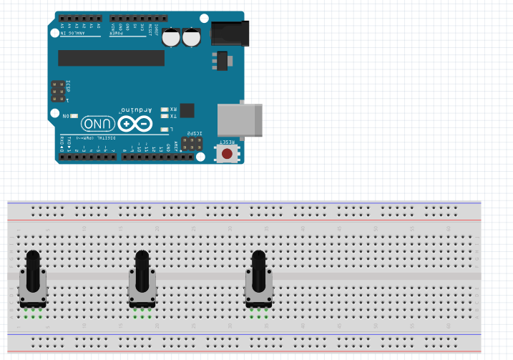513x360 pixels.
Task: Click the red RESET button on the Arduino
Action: (x=227, y=153)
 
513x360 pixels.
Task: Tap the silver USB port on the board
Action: (x=239, y=120)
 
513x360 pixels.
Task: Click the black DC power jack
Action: (x=230, y=32)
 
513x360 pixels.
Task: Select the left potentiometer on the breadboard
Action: (x=33, y=283)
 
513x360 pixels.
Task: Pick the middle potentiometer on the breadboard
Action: (x=142, y=283)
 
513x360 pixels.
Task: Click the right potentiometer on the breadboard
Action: (x=259, y=283)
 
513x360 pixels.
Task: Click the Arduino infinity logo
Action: (x=136, y=124)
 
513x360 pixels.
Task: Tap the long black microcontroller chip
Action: (x=111, y=58)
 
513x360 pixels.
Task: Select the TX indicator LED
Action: (x=165, y=116)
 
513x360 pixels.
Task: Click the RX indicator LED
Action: (x=165, y=109)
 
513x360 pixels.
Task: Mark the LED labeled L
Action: (x=165, y=129)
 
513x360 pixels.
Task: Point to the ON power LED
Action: (x=74, y=115)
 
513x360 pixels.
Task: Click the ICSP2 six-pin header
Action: (x=190, y=144)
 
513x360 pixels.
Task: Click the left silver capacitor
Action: (x=171, y=37)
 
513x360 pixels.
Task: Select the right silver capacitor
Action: (x=191, y=37)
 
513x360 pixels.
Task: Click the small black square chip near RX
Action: (x=187, y=110)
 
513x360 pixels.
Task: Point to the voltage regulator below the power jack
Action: (x=222, y=61)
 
